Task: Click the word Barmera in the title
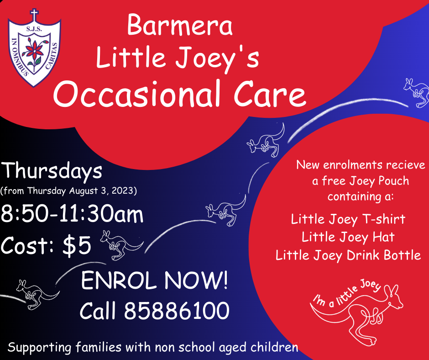pyautogui.click(x=180, y=25)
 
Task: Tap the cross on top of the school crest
pyautogui.click(x=34, y=15)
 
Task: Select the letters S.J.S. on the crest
pyautogui.click(x=34, y=29)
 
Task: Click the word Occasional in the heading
pyautogui.click(x=137, y=94)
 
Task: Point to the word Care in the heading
pyautogui.click(x=270, y=94)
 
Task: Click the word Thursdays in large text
pyautogui.click(x=52, y=171)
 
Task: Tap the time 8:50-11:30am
pyautogui.click(x=72, y=214)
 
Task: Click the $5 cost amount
pyautogui.click(x=77, y=245)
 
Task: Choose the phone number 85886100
pyautogui.click(x=177, y=310)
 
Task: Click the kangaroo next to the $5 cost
pyautogui.click(x=121, y=245)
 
